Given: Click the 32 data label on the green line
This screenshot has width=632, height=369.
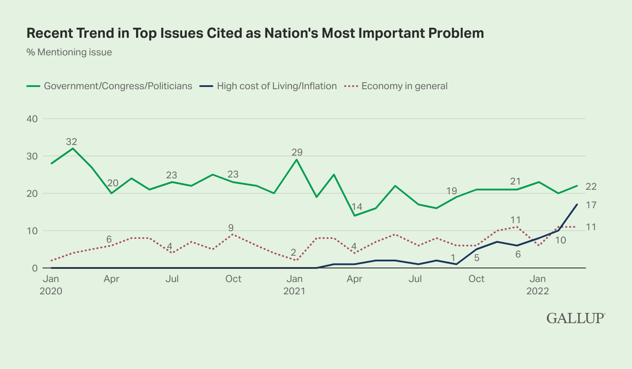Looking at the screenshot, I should click(x=72, y=141).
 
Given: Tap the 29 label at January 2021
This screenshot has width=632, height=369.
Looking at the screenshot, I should click(x=298, y=152).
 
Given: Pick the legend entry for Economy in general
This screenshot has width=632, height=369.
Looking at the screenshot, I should click(x=404, y=86).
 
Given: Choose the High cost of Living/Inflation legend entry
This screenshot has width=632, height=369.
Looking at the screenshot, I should click(x=276, y=86).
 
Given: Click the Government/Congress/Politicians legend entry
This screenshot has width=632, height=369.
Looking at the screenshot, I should click(x=118, y=86).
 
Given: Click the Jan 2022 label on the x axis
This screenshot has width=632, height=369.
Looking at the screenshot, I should click(x=539, y=285).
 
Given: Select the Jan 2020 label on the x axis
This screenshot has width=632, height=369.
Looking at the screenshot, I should click(x=52, y=285).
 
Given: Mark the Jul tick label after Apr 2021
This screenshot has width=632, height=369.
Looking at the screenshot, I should click(x=415, y=279).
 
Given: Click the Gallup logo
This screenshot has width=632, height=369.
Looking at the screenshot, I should click(x=576, y=318).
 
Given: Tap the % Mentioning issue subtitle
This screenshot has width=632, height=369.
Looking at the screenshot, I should click(x=69, y=52).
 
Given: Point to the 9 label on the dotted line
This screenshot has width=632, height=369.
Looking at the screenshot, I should click(x=230, y=228).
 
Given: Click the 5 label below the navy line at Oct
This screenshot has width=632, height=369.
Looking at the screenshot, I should click(x=477, y=258).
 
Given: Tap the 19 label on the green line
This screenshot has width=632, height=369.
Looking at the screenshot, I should click(x=452, y=191).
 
